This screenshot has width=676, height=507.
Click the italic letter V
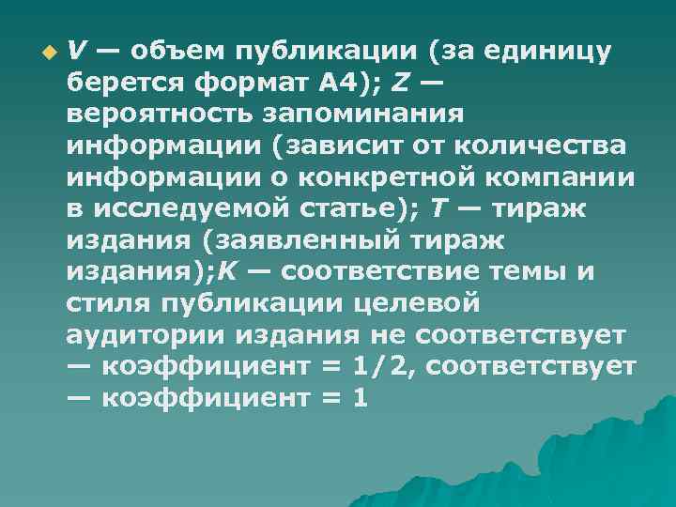click(78, 50)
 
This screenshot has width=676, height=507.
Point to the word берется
click(125, 83)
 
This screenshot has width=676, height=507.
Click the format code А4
click(344, 83)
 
